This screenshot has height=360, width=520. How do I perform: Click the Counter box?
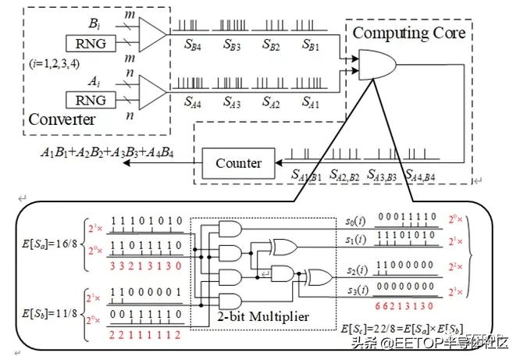(233, 164)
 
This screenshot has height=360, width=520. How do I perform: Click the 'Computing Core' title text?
(409, 33)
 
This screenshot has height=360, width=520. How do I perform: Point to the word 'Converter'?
(62, 120)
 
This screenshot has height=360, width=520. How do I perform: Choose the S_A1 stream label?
(311, 101)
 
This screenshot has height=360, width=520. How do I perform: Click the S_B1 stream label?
(312, 45)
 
